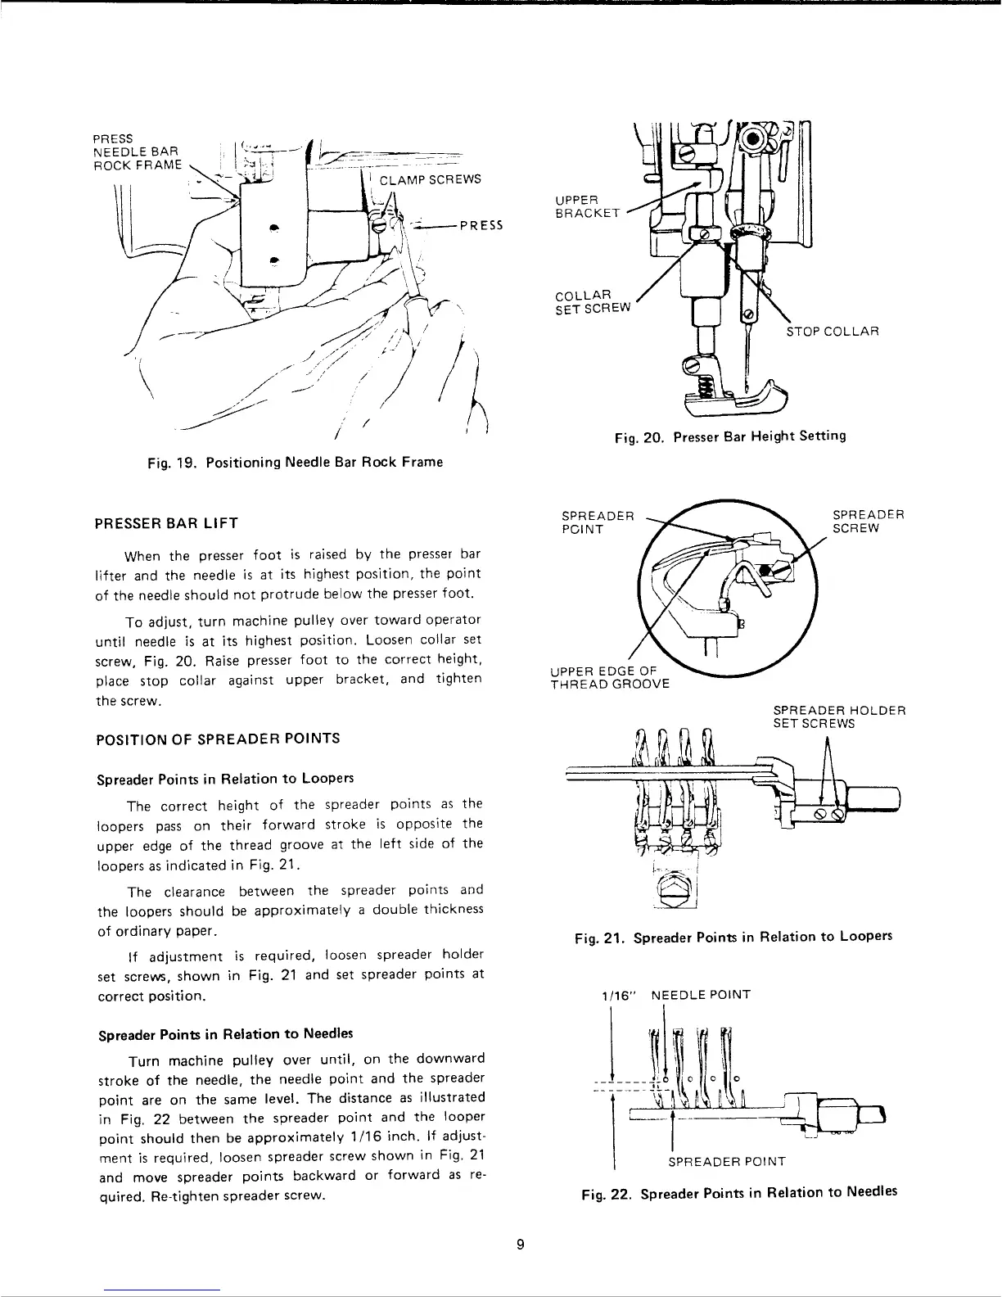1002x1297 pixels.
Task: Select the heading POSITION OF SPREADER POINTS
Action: (x=219, y=738)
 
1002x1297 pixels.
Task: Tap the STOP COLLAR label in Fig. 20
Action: (x=832, y=332)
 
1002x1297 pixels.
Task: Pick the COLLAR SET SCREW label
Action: (x=594, y=301)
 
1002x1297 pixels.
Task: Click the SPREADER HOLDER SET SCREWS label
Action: (x=839, y=717)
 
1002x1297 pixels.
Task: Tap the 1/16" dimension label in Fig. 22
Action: (x=615, y=995)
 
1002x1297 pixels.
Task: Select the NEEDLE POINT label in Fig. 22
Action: (x=700, y=995)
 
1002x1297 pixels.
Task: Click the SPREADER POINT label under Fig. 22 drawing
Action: (x=727, y=1161)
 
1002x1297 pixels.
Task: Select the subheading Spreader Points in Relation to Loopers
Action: (x=220, y=776)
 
